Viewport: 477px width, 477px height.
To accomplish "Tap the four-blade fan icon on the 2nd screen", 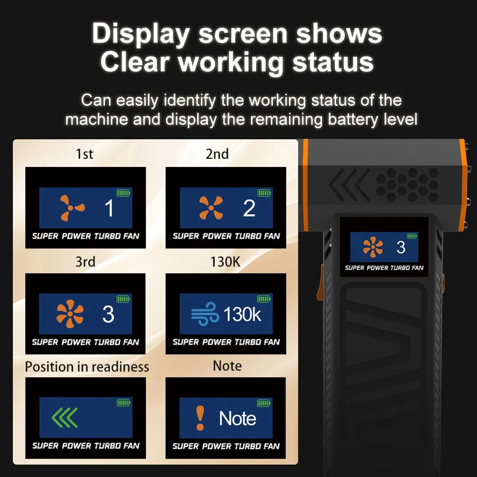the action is click(211, 208).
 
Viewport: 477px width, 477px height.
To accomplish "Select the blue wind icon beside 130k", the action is click(205, 314).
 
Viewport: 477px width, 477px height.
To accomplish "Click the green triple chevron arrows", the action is click(64, 417).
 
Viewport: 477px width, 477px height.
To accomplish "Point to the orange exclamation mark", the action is click(200, 418).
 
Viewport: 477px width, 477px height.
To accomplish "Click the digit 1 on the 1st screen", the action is click(109, 208).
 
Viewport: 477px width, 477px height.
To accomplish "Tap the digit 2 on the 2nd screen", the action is click(249, 208).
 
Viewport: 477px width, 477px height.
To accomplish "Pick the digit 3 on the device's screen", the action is click(401, 247).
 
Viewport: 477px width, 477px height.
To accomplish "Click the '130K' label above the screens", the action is click(226, 261).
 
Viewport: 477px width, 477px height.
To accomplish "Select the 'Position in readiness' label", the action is click(87, 366).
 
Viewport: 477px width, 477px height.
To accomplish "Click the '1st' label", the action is click(84, 154).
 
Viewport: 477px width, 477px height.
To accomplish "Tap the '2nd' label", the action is click(217, 154).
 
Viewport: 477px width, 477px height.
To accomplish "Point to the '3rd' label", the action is click(85, 261).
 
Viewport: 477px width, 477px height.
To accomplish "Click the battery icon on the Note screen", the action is click(264, 403).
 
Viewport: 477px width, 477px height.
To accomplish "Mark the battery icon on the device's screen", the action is click(412, 236).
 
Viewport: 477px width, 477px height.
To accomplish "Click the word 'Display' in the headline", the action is click(141, 34).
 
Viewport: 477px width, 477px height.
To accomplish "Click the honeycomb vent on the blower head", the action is click(407, 185).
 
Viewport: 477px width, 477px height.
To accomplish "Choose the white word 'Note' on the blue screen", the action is click(238, 418).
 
